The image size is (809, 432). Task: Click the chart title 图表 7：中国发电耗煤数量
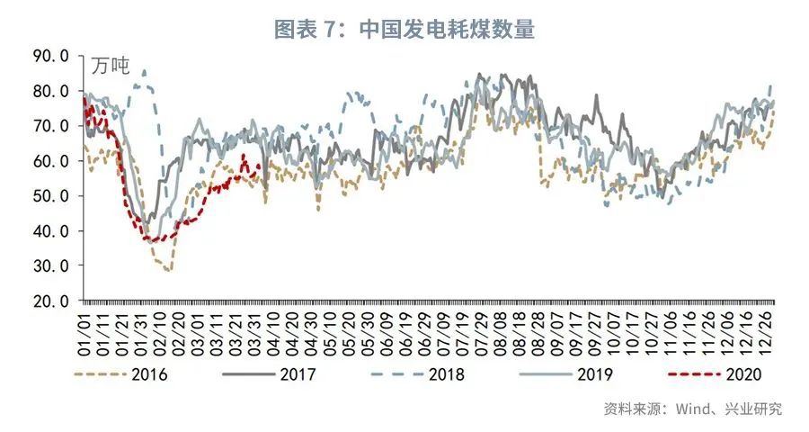click(x=404, y=29)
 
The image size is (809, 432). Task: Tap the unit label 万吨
click(x=111, y=66)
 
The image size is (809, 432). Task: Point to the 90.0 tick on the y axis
click(x=50, y=56)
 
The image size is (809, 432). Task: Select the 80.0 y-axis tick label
click(x=50, y=91)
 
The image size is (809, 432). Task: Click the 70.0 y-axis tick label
click(x=50, y=126)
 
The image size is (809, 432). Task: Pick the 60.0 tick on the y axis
click(x=50, y=161)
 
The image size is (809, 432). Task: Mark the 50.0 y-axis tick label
click(x=50, y=195)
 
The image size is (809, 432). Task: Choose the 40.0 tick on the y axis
click(x=50, y=230)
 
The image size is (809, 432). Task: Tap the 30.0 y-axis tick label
click(x=50, y=265)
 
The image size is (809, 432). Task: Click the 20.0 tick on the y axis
click(x=50, y=301)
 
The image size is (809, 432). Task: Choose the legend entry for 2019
click(x=575, y=373)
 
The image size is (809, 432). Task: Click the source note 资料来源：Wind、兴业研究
click(x=692, y=409)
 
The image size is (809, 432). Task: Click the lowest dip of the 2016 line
click(x=168, y=270)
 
